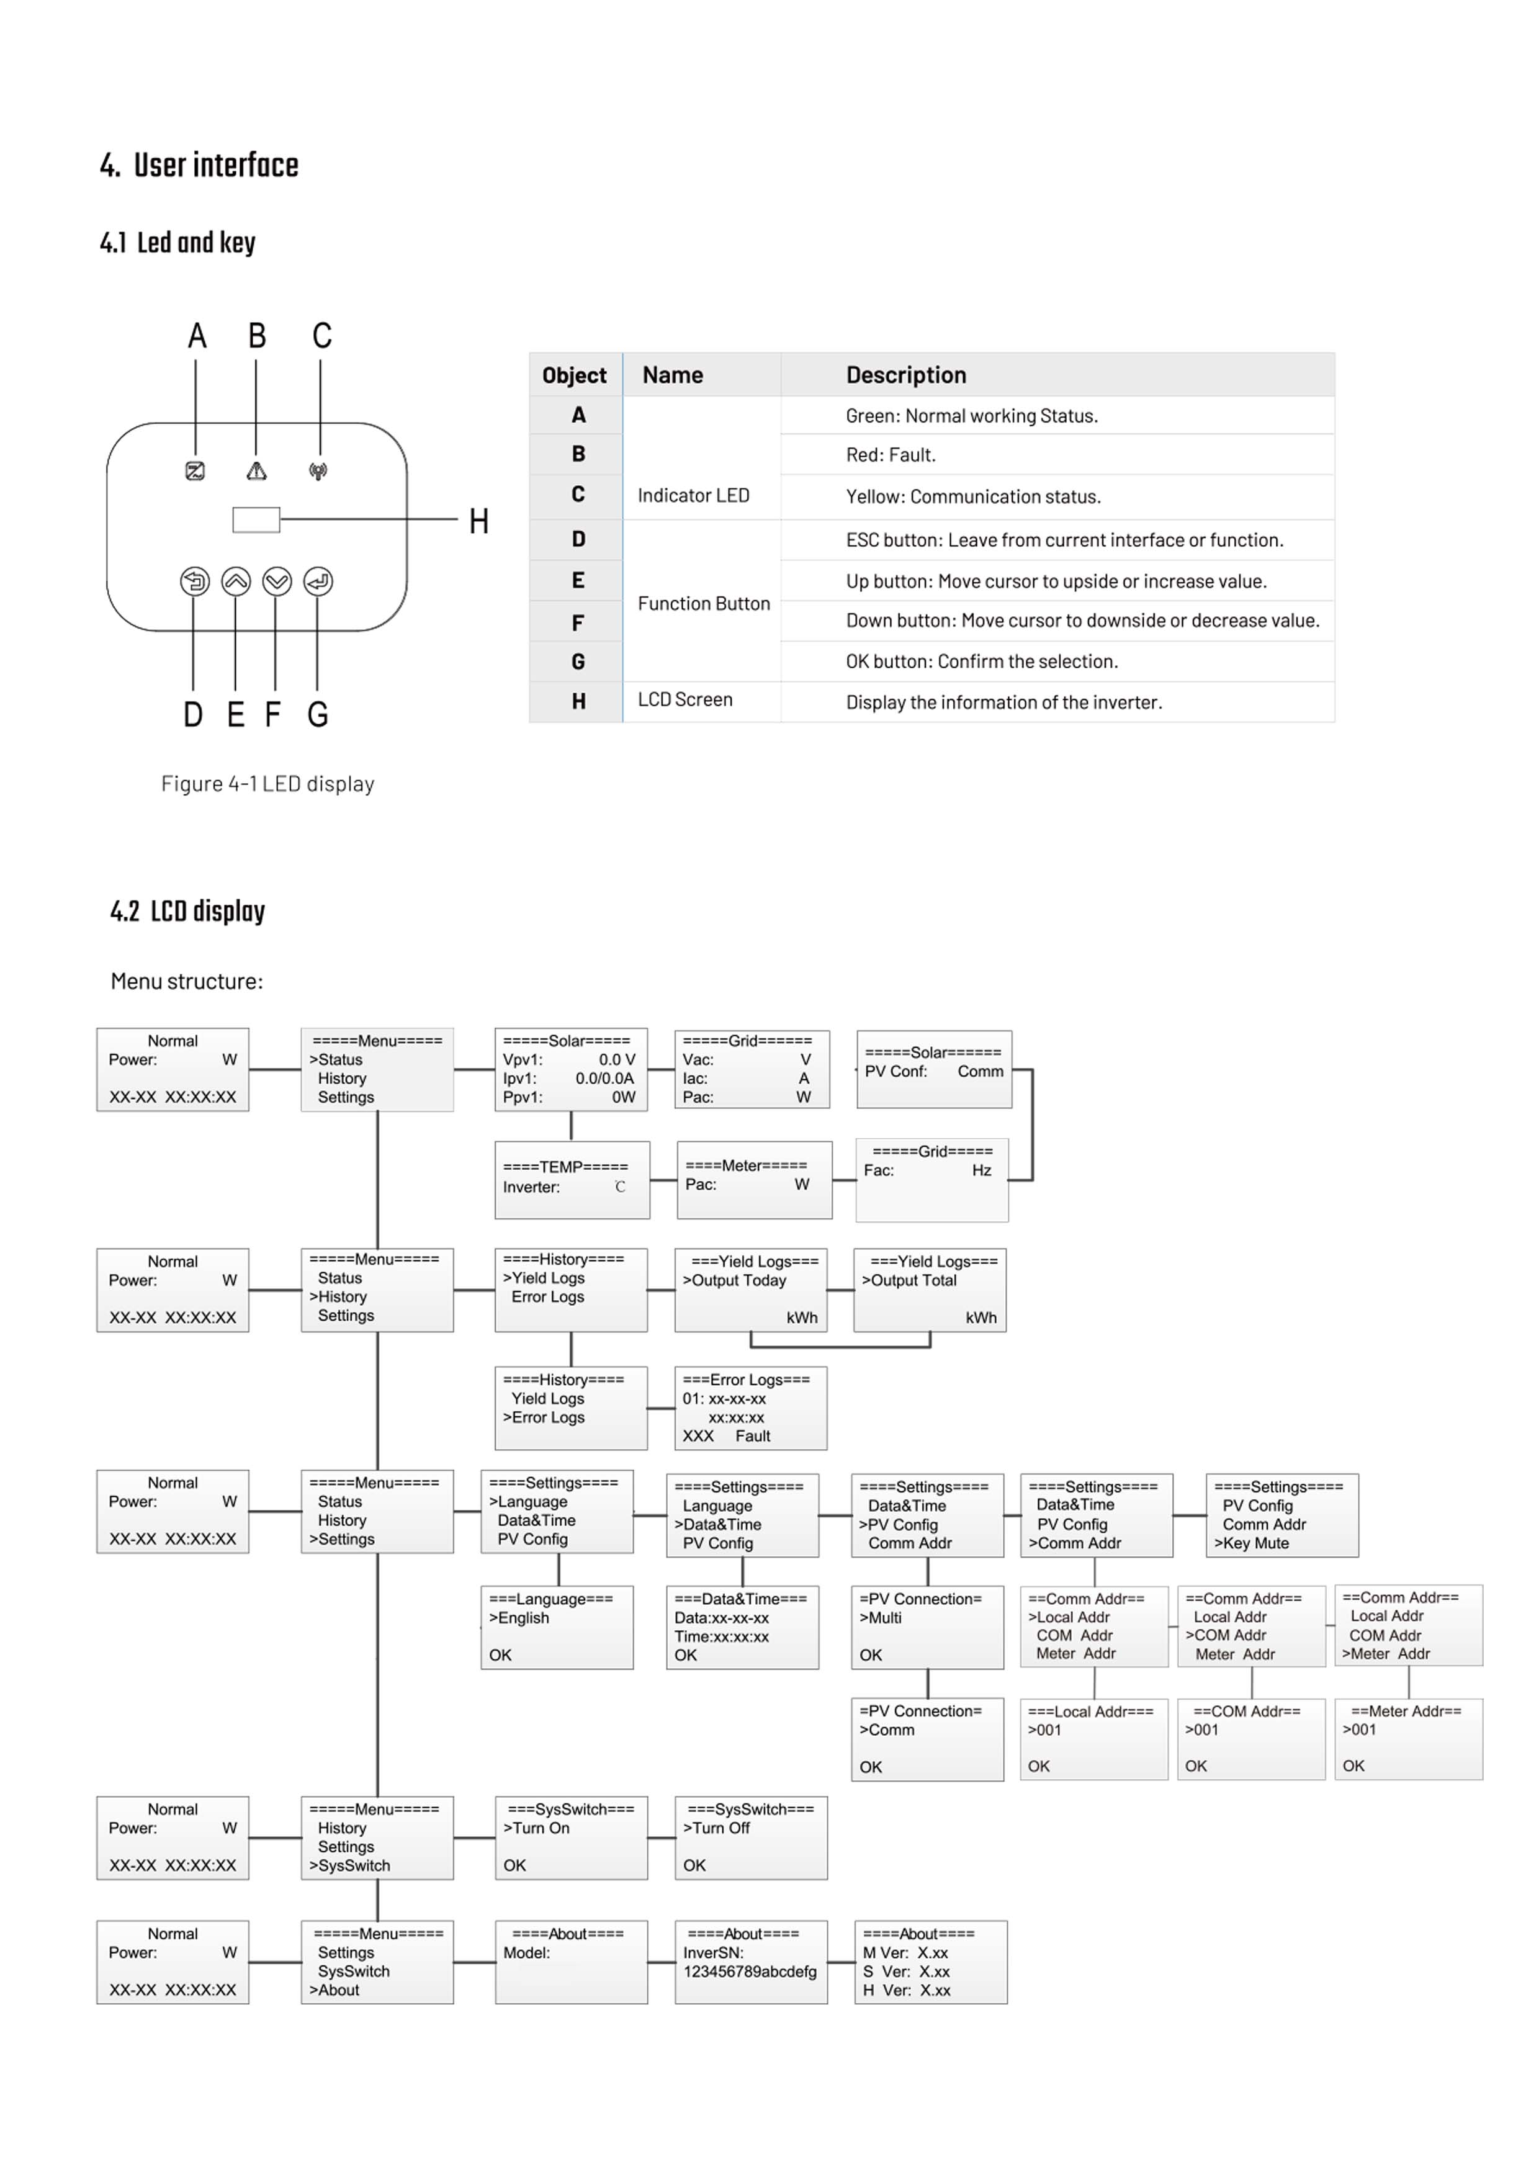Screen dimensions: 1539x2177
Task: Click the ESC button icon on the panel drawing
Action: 194,581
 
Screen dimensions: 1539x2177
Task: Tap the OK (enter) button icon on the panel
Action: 318,581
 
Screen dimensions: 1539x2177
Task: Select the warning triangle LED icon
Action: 256,470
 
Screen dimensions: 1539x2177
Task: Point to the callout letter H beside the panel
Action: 479,521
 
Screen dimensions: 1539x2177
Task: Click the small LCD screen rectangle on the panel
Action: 256,519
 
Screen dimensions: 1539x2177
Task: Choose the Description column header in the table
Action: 905,375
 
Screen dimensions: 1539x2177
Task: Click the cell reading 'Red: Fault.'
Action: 891,455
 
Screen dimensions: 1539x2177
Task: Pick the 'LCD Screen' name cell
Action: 684,700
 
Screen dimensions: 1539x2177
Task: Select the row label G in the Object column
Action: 578,662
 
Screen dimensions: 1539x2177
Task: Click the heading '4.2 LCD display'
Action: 188,912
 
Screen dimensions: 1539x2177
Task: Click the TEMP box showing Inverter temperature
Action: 572,1180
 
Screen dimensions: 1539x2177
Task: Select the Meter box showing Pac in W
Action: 754,1180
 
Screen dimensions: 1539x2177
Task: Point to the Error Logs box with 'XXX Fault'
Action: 750,1408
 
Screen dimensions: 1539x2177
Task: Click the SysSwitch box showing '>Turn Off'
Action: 750,1838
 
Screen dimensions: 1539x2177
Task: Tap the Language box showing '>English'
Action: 557,1627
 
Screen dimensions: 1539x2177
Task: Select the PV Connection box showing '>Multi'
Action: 927,1627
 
